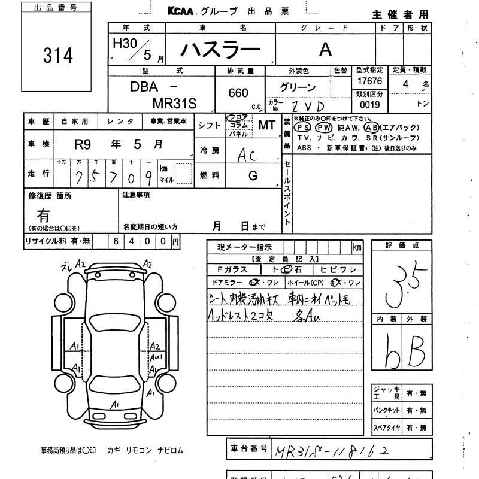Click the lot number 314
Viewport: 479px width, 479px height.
tap(58, 55)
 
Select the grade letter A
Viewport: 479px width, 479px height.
tap(325, 50)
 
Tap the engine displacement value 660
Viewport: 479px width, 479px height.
tap(238, 93)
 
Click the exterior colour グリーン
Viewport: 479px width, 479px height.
tap(298, 87)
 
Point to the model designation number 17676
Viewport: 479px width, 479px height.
tap(369, 80)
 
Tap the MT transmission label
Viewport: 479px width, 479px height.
tap(266, 125)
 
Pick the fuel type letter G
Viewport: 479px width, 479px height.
tap(253, 176)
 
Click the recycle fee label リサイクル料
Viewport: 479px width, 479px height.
tap(47, 241)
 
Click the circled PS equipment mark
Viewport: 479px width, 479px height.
tap(303, 128)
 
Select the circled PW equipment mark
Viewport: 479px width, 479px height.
tap(323, 128)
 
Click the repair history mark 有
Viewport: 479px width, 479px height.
tap(44, 216)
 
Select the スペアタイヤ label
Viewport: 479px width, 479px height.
tap(386, 428)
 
